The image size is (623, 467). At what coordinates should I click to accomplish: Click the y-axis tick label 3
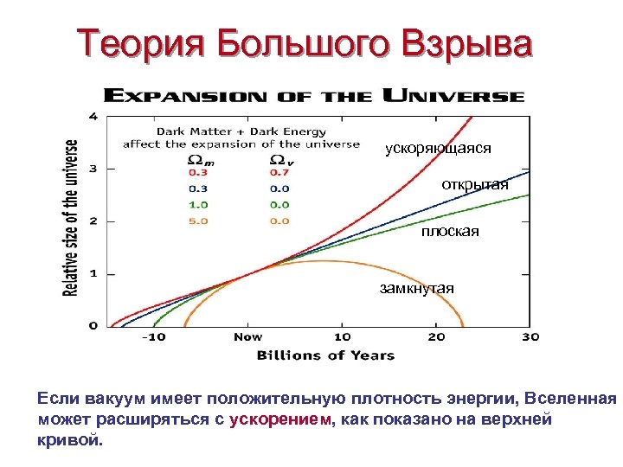tap(93, 168)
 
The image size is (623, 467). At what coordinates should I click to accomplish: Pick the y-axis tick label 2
tap(93, 221)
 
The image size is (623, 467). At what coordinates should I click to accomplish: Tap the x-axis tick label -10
tap(154, 336)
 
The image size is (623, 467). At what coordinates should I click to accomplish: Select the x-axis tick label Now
tap(248, 336)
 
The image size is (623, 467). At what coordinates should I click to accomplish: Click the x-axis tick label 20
tap(437, 336)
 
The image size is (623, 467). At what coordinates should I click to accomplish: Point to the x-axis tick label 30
tap(530, 336)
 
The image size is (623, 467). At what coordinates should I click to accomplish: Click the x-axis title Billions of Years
tap(325, 355)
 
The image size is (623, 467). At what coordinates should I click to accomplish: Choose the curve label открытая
tap(475, 185)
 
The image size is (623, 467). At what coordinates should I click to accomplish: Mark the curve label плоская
tap(450, 233)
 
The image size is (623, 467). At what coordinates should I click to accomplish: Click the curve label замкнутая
tap(417, 288)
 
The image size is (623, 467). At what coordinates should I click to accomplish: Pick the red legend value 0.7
tap(279, 172)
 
